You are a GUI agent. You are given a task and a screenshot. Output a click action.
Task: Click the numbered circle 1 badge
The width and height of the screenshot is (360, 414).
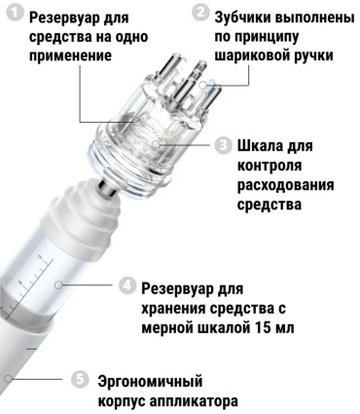point(16,15)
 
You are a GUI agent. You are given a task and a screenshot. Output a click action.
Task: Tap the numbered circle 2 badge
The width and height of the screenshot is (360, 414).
point(200,13)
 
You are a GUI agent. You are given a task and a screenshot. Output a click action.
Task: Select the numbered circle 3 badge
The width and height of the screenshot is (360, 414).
point(223,145)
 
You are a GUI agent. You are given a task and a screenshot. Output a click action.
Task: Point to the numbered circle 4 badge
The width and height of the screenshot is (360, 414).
point(126,285)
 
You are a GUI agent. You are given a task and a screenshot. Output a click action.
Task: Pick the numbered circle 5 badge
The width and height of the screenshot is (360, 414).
point(80,379)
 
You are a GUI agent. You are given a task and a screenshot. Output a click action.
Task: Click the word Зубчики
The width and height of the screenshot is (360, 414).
point(242,18)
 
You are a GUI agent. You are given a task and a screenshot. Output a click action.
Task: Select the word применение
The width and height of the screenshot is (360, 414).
point(70,56)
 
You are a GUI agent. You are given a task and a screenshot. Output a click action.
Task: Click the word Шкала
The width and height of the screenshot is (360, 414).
point(261,145)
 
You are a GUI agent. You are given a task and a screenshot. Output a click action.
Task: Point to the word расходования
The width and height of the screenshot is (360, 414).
point(286,185)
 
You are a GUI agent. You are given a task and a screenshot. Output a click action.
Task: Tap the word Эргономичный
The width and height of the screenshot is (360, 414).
point(150,381)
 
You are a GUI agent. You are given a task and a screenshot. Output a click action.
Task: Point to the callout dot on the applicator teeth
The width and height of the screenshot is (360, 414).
point(203,85)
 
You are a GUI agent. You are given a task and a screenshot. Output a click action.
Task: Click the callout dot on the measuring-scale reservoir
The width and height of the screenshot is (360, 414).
point(58,285)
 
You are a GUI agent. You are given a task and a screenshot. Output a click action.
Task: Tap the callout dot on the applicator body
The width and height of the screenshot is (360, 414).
point(9,379)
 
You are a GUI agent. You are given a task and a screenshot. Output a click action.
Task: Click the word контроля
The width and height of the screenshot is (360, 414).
point(270,166)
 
